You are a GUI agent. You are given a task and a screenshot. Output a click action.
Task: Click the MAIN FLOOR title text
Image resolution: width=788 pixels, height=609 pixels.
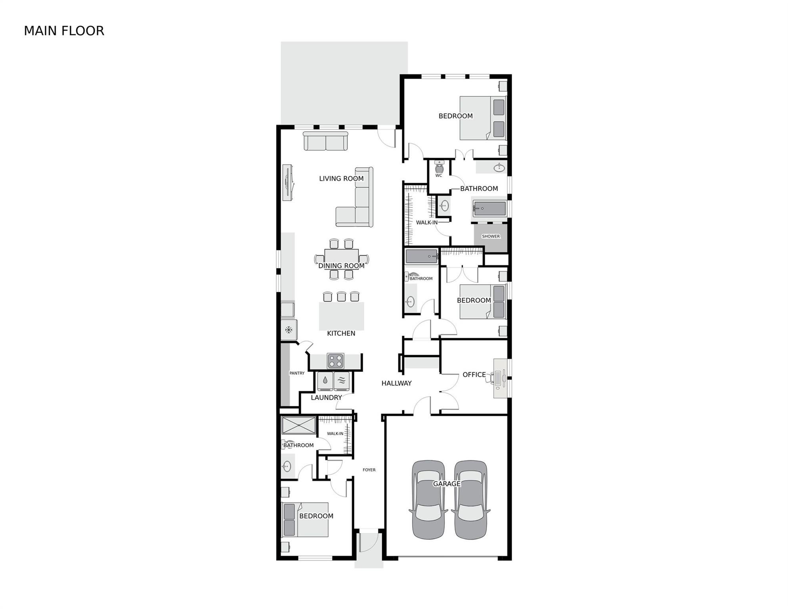[x=64, y=31]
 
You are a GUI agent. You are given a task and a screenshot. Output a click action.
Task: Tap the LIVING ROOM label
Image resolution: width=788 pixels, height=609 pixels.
[x=341, y=178]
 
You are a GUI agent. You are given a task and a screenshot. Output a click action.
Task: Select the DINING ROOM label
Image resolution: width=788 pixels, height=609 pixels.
[x=341, y=266]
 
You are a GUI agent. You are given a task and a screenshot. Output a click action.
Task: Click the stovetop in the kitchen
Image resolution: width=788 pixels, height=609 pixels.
[x=335, y=361]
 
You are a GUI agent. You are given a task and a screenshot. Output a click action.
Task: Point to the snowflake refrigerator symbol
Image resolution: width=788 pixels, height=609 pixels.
[x=289, y=329]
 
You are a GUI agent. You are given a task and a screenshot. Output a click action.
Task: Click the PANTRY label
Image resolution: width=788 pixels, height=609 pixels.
[x=297, y=373]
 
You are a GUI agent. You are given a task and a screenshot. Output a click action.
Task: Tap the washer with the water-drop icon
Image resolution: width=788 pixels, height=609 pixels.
[x=325, y=381]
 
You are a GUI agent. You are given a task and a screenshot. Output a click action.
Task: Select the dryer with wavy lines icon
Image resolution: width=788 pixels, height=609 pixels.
[x=342, y=381]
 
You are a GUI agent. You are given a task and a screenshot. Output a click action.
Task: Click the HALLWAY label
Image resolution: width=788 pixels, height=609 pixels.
[x=396, y=383]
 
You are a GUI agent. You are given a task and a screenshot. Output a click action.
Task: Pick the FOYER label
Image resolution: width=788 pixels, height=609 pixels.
[x=369, y=470]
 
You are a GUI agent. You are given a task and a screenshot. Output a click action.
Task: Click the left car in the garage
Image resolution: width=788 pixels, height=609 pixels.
[x=428, y=500]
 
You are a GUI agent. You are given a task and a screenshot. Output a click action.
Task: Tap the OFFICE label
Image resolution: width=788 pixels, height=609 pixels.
[x=474, y=374]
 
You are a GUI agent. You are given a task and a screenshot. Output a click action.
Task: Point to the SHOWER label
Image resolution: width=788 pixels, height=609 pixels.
[x=491, y=236]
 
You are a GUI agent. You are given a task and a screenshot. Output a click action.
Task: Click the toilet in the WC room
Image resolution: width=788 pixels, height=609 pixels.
[x=439, y=167]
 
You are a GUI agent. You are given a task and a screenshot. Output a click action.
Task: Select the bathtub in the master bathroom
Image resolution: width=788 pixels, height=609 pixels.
[x=490, y=208]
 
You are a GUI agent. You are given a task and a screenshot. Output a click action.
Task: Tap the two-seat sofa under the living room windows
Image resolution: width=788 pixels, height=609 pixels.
[x=325, y=141]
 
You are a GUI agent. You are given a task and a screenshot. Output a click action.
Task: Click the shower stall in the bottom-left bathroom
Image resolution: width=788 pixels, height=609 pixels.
[x=299, y=426]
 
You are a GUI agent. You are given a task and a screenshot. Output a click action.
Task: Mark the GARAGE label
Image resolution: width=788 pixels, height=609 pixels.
[x=447, y=484]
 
